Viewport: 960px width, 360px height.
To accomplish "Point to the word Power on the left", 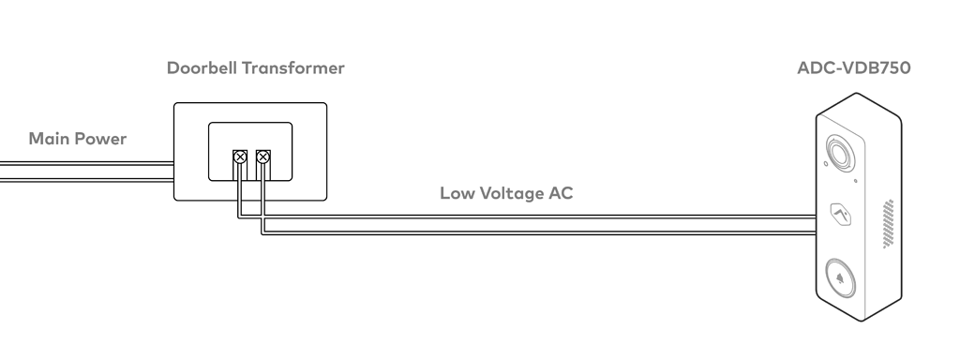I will tap(102, 139).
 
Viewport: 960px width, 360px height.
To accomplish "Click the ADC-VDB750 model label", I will tap(852, 69).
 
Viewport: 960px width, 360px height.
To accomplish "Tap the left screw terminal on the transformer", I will tap(239, 157).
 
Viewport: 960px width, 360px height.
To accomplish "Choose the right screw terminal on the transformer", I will tap(263, 157).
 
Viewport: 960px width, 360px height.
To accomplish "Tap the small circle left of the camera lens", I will tap(823, 165).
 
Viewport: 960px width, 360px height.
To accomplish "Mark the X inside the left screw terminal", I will tap(239, 157).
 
